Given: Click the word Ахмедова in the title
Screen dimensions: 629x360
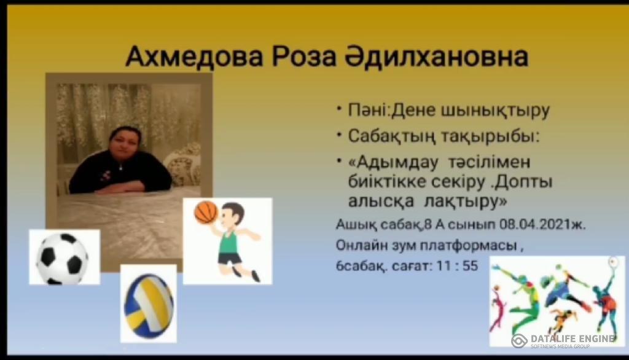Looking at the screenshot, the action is point(194,57).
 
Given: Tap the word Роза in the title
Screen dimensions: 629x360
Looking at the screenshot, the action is point(304,57).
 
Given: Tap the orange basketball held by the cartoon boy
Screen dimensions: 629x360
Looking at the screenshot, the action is point(205,212).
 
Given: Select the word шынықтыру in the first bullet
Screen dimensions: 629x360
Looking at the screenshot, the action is point(495,111).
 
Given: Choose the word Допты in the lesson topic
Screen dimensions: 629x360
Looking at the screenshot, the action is point(523,182).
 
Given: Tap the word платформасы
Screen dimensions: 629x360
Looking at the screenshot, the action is point(469,246).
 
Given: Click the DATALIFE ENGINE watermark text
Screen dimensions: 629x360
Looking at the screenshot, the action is point(573,338).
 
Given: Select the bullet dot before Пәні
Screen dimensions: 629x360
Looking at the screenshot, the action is point(339,108).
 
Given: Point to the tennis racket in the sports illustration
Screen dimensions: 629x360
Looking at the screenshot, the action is point(613,263).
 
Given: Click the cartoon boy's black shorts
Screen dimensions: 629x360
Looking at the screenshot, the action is point(230,259).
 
